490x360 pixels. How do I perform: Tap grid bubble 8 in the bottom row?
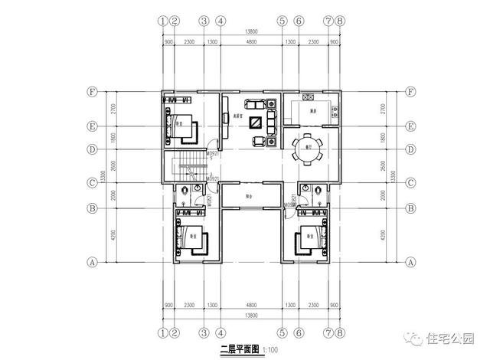pyautogui.click(x=340, y=333)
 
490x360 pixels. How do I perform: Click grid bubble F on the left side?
pyautogui.click(x=92, y=93)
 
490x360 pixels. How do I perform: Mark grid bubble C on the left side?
pyautogui.click(x=92, y=183)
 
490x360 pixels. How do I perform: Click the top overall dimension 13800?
pyautogui.click(x=250, y=31)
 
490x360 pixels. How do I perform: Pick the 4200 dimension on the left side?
pyautogui.click(x=114, y=235)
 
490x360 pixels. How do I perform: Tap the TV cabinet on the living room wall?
pyautogui.click(x=225, y=118)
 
